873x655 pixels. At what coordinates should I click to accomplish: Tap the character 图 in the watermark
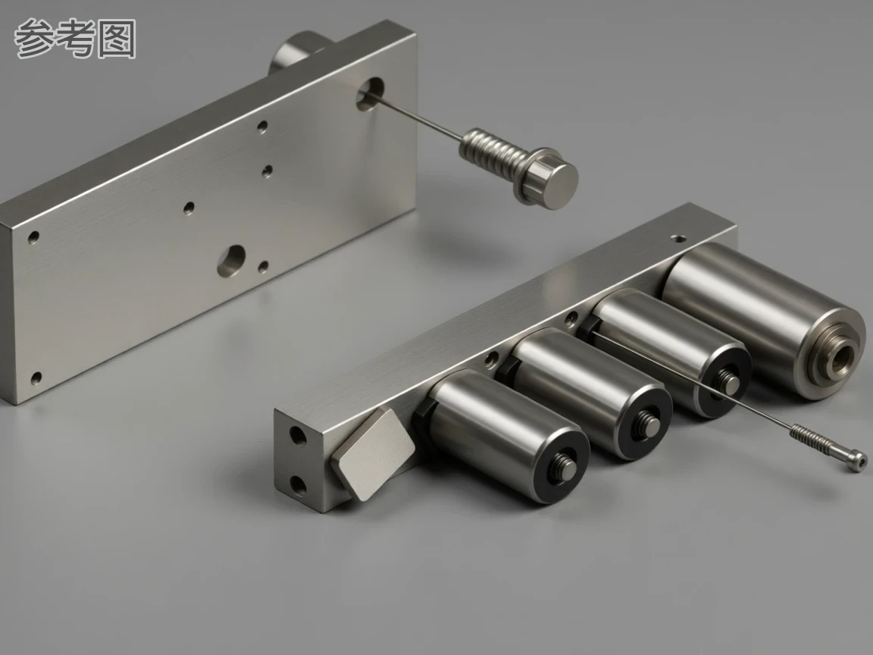pos(117,39)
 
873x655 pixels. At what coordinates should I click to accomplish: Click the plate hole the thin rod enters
pos(371,94)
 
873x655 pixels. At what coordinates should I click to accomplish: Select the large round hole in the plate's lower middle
pos(231,261)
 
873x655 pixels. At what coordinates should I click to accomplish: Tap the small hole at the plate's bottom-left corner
pos(36,379)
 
